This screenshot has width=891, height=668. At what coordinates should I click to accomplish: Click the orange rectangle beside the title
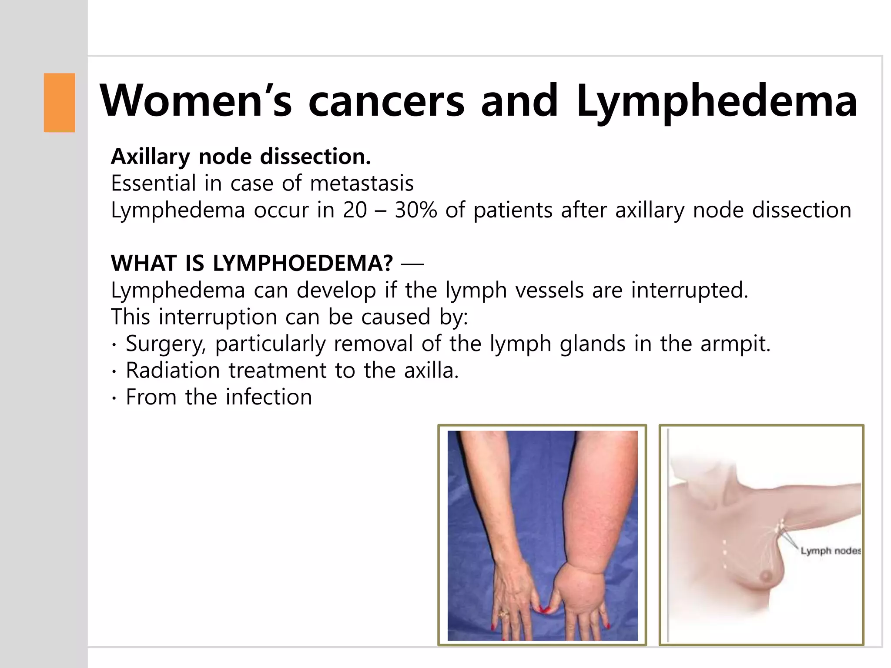[x=59, y=103]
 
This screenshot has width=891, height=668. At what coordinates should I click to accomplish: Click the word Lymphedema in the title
[x=717, y=102]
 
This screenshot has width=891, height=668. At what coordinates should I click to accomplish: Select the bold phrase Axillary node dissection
[x=241, y=157]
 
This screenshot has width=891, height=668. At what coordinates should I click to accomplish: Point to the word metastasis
[x=362, y=183]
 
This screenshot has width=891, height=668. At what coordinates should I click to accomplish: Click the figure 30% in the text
[x=415, y=210]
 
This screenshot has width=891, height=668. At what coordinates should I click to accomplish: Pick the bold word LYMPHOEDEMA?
[x=303, y=263]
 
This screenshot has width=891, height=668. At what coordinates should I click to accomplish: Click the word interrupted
[x=690, y=290]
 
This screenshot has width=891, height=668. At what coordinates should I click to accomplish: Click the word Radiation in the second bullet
[x=173, y=371]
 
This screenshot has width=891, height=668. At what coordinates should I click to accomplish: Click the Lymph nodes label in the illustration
[x=830, y=551]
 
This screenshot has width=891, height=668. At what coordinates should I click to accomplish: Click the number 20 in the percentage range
[x=355, y=210]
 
